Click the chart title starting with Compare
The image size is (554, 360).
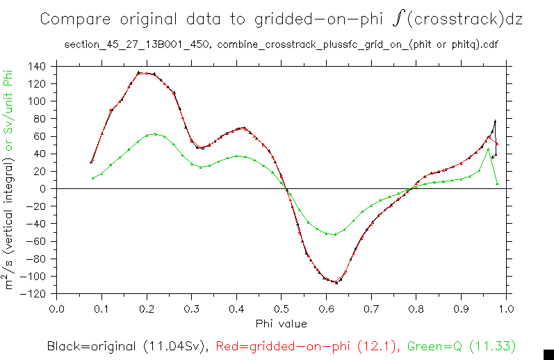tap(281, 19)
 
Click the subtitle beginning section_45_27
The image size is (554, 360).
tap(281, 45)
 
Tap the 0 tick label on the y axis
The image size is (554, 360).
tap(43, 189)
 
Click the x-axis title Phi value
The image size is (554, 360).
tap(281, 323)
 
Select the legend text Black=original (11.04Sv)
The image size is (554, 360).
tap(129, 345)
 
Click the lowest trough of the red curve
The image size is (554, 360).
tap(336, 282)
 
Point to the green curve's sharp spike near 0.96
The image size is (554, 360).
tap(488, 149)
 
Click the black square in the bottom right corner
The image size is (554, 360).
tap(548, 354)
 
